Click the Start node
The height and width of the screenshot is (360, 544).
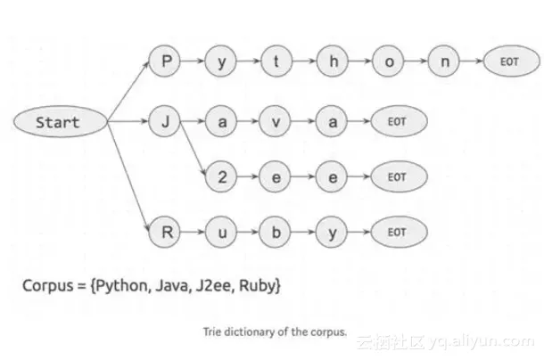click(58, 121)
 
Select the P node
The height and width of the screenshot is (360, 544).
click(165, 62)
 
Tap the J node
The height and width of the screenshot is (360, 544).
click(165, 121)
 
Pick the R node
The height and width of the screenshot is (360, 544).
click(165, 233)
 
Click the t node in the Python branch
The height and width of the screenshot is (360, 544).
click(276, 62)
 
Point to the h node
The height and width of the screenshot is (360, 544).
click(332, 62)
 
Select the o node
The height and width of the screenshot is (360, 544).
click(388, 62)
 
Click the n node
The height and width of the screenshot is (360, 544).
click(443, 62)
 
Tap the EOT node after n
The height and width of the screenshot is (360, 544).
click(508, 62)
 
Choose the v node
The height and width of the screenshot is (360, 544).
click(276, 121)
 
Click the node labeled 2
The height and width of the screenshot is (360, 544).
click(220, 176)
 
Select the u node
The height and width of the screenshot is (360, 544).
click(220, 233)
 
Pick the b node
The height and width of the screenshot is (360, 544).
click(276, 233)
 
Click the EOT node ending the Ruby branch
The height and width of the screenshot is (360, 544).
click(396, 233)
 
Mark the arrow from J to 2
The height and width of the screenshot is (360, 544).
click(192, 149)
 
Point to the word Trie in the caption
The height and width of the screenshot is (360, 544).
click(212, 331)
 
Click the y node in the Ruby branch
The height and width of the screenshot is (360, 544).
click(332, 233)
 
